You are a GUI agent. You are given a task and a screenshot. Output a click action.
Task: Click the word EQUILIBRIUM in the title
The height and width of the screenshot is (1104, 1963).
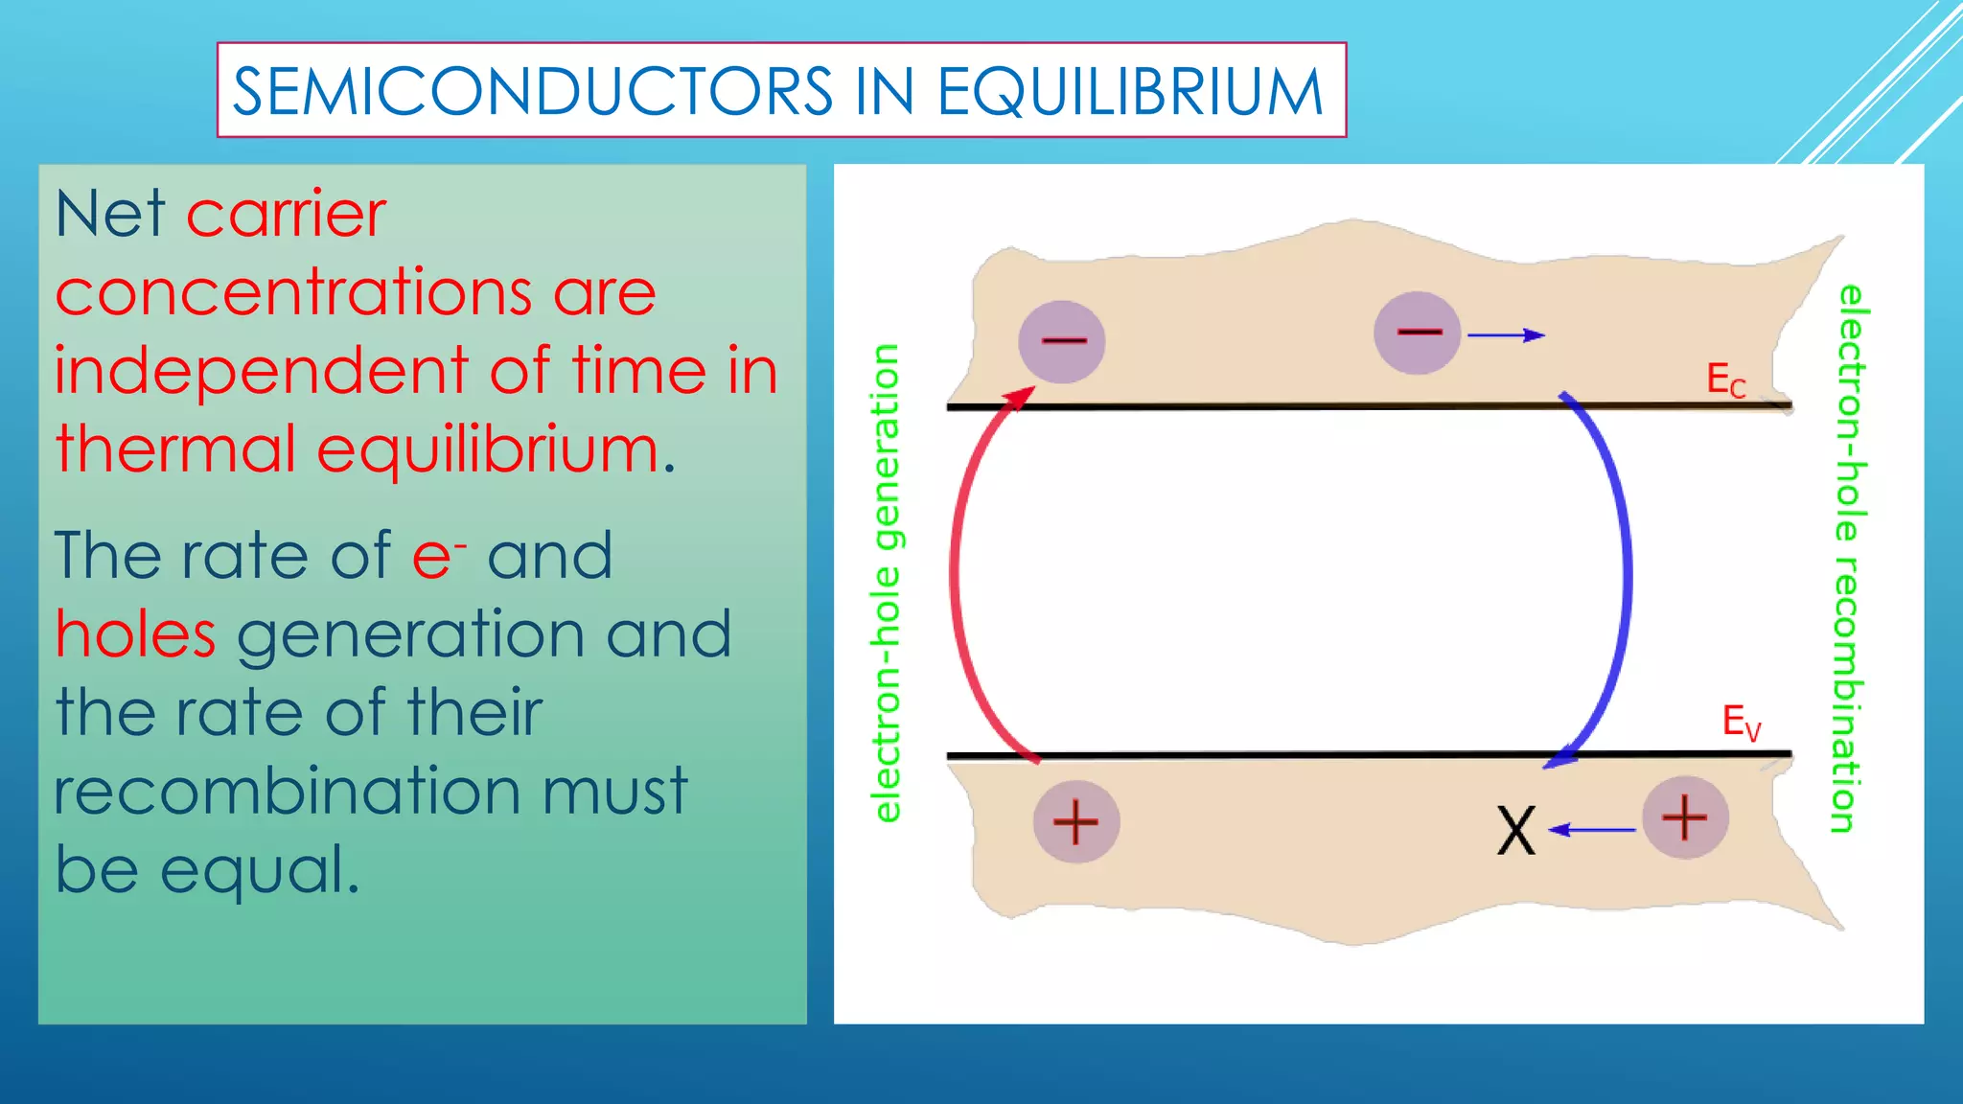click(1129, 92)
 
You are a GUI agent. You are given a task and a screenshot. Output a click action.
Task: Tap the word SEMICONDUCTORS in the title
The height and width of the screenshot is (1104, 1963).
click(533, 92)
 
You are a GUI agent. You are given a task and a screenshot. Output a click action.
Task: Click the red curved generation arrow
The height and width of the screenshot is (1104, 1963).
click(958, 575)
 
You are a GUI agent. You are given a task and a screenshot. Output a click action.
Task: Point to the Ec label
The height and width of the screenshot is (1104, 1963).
click(1725, 380)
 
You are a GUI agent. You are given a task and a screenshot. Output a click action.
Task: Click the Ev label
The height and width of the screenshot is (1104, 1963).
click(1741, 722)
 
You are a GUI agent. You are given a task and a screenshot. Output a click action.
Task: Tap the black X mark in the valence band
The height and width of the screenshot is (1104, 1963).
click(1515, 831)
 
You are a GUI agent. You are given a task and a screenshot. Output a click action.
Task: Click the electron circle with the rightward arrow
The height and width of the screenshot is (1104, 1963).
click(1417, 333)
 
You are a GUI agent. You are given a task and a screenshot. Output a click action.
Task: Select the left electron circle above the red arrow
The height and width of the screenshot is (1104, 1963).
click(1061, 341)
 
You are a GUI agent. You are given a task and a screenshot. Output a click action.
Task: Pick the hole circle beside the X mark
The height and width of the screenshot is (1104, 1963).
click(1685, 817)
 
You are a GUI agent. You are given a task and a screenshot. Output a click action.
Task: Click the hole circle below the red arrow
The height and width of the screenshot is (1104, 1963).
click(1075, 822)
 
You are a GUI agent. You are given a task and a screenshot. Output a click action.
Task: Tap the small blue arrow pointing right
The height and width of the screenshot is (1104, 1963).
click(1506, 335)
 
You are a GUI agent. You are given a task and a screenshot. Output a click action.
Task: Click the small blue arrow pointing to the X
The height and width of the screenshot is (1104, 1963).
click(1591, 830)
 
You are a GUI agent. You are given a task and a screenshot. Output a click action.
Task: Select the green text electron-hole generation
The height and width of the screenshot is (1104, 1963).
click(887, 583)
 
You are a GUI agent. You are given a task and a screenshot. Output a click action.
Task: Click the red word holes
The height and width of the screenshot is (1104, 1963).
click(135, 634)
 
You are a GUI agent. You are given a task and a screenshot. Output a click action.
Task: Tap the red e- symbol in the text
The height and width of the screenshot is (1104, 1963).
click(437, 556)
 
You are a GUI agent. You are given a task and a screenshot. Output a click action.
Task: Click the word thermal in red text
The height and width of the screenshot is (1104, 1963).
click(175, 449)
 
